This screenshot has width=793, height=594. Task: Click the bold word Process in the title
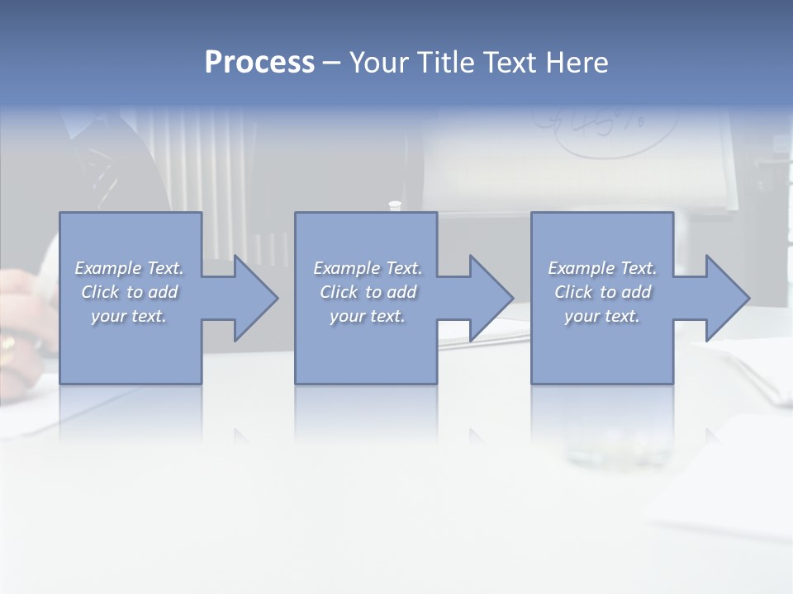[259, 63]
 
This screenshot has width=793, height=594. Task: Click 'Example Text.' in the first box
[129, 268]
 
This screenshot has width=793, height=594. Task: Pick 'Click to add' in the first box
[129, 292]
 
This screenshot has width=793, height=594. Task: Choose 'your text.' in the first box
[129, 316]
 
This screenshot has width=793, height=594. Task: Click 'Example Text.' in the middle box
[367, 268]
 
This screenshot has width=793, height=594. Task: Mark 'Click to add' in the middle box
[367, 292]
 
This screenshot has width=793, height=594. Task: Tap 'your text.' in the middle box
[367, 316]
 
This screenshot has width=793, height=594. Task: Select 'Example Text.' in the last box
[602, 268]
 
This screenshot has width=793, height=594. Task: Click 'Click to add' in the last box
[602, 292]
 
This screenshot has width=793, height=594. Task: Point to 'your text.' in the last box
[602, 316]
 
